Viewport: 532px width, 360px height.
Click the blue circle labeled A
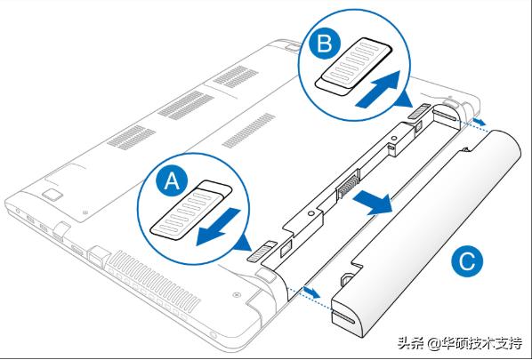pyautogui.click(x=172, y=183)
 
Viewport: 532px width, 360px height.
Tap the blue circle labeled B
pyautogui.click(x=325, y=44)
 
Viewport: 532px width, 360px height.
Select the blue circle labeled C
pyautogui.click(x=467, y=261)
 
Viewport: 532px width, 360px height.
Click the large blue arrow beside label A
pyautogui.click(x=218, y=227)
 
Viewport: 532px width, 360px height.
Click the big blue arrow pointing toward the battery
pyautogui.click(x=373, y=202)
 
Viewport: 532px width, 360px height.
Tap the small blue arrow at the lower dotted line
pyautogui.click(x=311, y=292)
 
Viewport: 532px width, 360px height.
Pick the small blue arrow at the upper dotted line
pyautogui.click(x=479, y=121)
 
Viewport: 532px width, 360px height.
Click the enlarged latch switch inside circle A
pyautogui.click(x=191, y=210)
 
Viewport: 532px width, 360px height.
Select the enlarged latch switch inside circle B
pyautogui.click(x=353, y=66)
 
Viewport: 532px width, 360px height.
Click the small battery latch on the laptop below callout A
pyautogui.click(x=262, y=252)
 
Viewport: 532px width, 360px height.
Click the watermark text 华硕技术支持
pyautogui.click(x=481, y=344)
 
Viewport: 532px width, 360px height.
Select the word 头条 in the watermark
pyautogui.click(x=410, y=343)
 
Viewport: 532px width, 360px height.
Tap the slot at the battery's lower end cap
pyautogui.click(x=343, y=317)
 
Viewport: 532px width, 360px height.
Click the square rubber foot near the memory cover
pyautogui.click(x=52, y=195)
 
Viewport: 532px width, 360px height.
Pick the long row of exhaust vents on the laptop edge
pyautogui.click(x=153, y=278)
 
